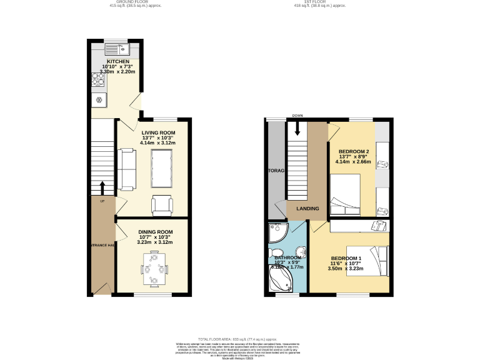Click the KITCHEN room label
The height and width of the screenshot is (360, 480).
coord(117,61)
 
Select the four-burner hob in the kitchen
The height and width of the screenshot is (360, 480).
coord(99,79)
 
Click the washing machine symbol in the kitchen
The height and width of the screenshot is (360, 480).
coord(99,99)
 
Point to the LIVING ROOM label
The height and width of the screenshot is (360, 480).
coord(157,132)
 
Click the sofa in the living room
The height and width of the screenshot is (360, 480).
coord(127,169)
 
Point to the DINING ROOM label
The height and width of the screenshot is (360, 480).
coord(155,232)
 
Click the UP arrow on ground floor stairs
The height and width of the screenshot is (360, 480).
coord(102,187)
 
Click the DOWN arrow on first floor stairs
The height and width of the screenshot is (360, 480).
coord(297,127)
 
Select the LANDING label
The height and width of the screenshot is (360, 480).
coord(308,209)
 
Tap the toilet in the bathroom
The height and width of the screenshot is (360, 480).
coord(299,252)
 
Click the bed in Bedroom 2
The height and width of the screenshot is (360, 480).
coord(345,194)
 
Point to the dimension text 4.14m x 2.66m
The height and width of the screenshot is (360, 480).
coord(353,162)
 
